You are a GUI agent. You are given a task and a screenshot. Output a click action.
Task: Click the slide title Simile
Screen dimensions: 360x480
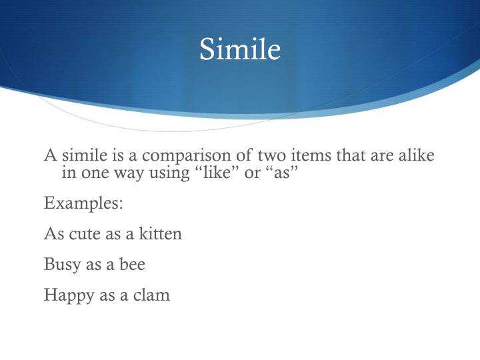click(x=240, y=50)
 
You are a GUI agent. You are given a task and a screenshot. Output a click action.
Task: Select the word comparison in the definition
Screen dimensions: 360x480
click(x=177, y=156)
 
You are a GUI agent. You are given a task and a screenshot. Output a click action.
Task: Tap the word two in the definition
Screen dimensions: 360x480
click(x=257, y=156)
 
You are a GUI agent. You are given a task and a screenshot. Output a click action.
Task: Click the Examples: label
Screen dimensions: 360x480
click(x=83, y=203)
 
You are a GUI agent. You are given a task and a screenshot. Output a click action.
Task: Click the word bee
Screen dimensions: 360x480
click(x=132, y=265)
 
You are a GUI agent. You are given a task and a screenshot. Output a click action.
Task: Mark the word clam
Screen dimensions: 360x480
click(x=152, y=295)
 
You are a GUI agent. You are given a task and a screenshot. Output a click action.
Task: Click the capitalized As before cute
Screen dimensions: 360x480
click(x=53, y=234)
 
